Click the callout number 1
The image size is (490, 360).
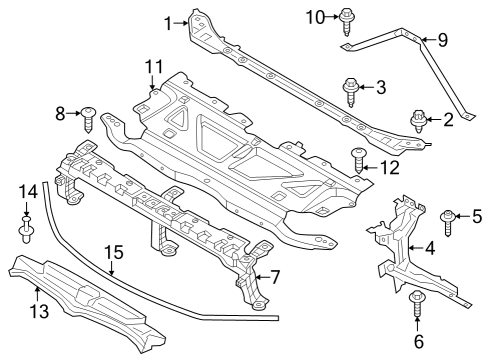[168, 19]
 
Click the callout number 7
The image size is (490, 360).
[274, 276]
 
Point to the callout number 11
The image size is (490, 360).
[152, 67]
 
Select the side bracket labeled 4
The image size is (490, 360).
[398, 240]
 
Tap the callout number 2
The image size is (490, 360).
[448, 121]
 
